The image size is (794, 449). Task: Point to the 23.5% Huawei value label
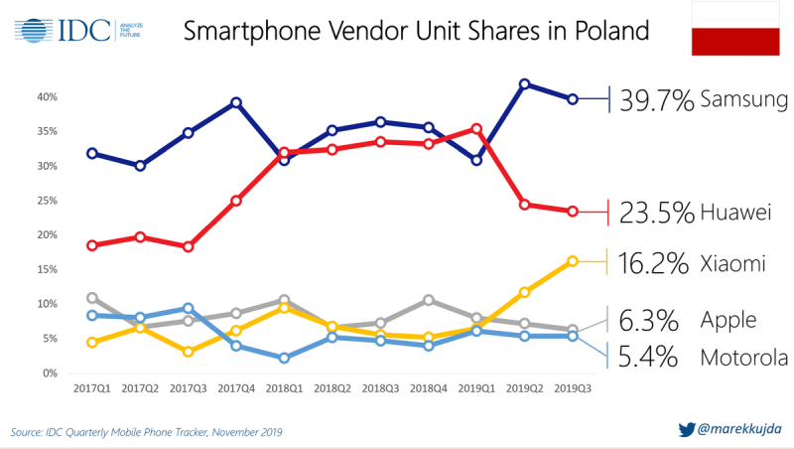click(x=656, y=212)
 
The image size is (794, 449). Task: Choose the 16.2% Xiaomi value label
click(x=656, y=263)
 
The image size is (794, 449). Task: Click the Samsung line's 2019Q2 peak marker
click(x=524, y=84)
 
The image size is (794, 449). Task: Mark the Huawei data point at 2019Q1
click(x=477, y=128)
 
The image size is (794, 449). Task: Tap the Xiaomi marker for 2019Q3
click(x=573, y=261)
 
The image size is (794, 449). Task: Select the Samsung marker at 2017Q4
click(x=236, y=102)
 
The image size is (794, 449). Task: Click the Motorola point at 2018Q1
click(x=284, y=358)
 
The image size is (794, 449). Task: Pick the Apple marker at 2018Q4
click(x=429, y=300)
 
